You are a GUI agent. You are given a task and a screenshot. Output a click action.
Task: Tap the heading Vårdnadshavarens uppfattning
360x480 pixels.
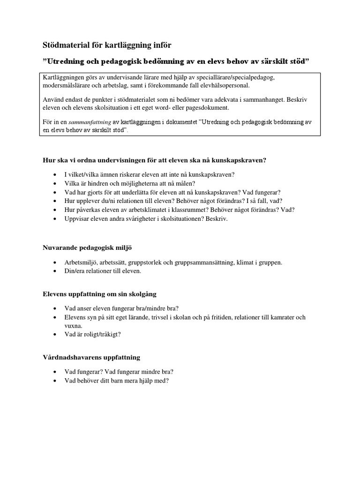coord(91,357)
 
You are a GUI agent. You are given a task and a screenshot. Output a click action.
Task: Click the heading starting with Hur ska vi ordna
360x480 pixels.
coord(154,160)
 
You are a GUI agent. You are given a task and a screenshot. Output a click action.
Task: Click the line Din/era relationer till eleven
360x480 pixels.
coord(103,270)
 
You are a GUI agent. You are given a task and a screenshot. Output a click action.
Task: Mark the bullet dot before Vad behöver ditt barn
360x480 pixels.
coord(56,381)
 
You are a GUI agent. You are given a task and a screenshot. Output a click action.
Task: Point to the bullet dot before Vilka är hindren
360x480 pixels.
coord(56,183)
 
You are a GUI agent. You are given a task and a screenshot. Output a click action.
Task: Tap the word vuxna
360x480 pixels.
coord(74,325)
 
